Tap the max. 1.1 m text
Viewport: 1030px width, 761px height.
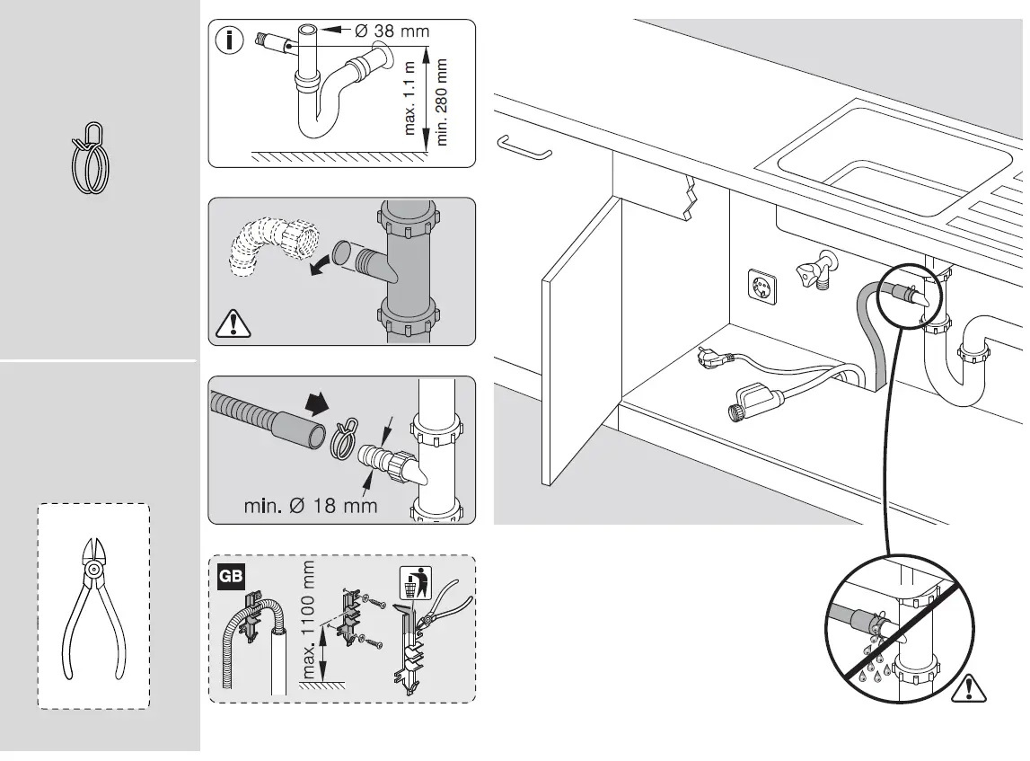click(411, 100)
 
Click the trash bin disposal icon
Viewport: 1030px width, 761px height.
click(410, 583)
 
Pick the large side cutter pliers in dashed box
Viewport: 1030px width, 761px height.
click(92, 606)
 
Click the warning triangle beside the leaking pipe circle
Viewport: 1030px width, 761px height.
click(971, 688)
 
